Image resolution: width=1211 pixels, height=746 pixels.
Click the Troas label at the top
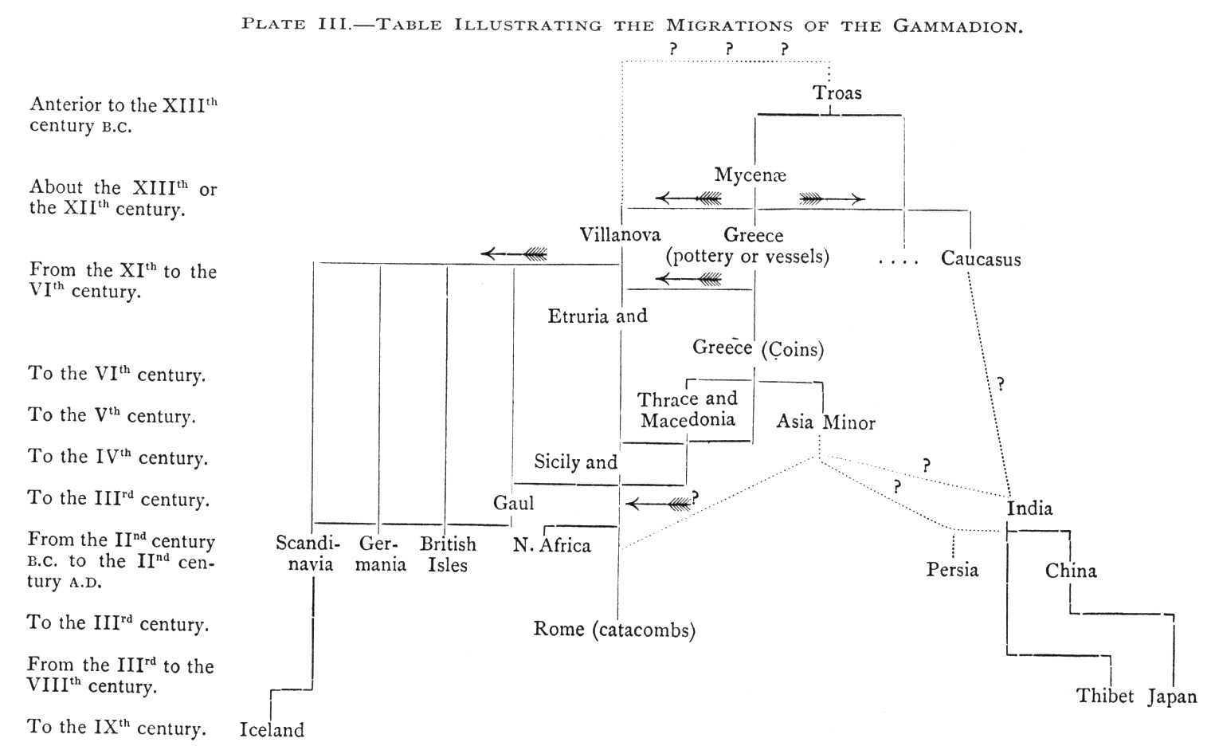pyautogui.click(x=837, y=93)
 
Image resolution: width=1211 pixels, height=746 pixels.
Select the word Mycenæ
pyautogui.click(x=751, y=175)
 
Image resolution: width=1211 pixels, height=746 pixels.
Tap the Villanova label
pyautogui.click(x=620, y=235)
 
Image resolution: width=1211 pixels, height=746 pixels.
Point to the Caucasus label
pyautogui.click(x=980, y=259)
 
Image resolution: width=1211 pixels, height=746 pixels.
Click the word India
pyautogui.click(x=1029, y=508)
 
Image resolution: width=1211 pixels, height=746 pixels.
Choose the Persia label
pyautogui.click(x=952, y=570)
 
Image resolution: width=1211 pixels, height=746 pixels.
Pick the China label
pyautogui.click(x=1071, y=571)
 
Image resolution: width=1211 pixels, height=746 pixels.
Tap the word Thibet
pyautogui.click(x=1105, y=697)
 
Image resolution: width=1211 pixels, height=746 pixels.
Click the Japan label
pyautogui.click(x=1172, y=697)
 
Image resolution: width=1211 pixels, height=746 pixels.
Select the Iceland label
pyautogui.click(x=272, y=730)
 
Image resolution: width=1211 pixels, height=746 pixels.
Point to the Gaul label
pyautogui.click(x=513, y=504)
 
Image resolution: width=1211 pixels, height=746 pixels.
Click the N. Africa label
pyautogui.click(x=552, y=546)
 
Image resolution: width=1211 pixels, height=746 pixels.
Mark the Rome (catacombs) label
pyautogui.click(x=614, y=630)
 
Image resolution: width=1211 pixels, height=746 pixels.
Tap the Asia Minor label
pyautogui.click(x=825, y=422)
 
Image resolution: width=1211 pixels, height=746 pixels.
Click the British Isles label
pyautogui.click(x=448, y=555)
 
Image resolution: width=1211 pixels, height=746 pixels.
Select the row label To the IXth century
pyautogui.click(x=117, y=728)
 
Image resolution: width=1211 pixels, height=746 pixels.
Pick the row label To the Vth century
pyautogui.click(x=112, y=416)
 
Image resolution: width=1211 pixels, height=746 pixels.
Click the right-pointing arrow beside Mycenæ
pyautogui.click(x=832, y=198)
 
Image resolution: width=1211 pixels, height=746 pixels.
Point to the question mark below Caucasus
pyautogui.click(x=1000, y=384)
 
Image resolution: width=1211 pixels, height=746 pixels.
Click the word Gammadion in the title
pyautogui.click(x=957, y=26)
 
